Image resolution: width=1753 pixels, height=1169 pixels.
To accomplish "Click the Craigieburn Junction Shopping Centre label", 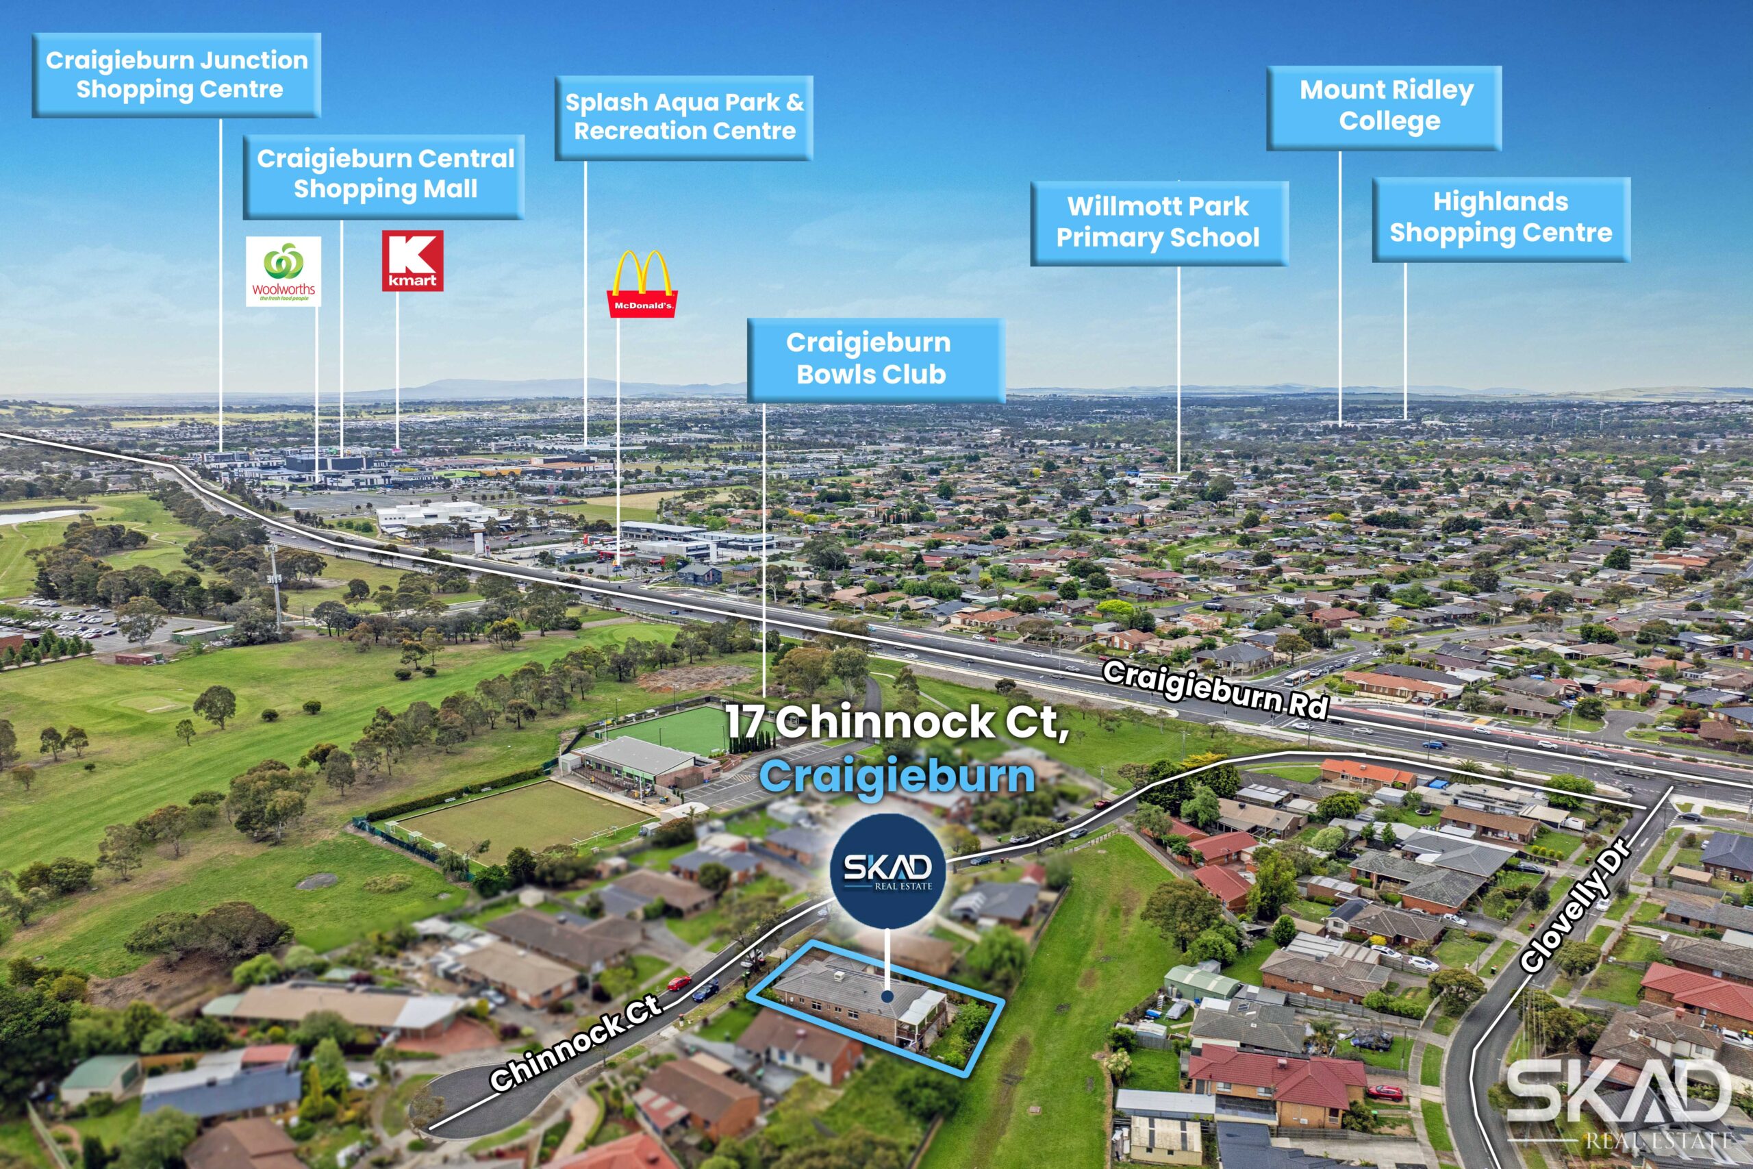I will [177, 75].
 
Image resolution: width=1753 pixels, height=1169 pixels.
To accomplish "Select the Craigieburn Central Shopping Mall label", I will [385, 176].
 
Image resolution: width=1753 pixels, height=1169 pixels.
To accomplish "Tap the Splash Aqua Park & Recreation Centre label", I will [683, 117].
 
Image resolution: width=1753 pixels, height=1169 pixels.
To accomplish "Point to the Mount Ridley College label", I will [1385, 107].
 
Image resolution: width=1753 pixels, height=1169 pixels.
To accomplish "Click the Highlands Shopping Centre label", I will [1500, 218].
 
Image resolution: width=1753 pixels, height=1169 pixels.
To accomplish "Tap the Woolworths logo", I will [283, 271].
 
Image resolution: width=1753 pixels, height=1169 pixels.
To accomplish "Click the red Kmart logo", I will [412, 260].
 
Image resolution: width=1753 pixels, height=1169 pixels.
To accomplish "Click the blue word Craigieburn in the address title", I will [896, 777].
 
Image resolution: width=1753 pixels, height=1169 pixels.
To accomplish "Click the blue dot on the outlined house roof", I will [887, 996].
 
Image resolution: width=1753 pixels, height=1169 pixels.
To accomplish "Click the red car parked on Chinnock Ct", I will [679, 983].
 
